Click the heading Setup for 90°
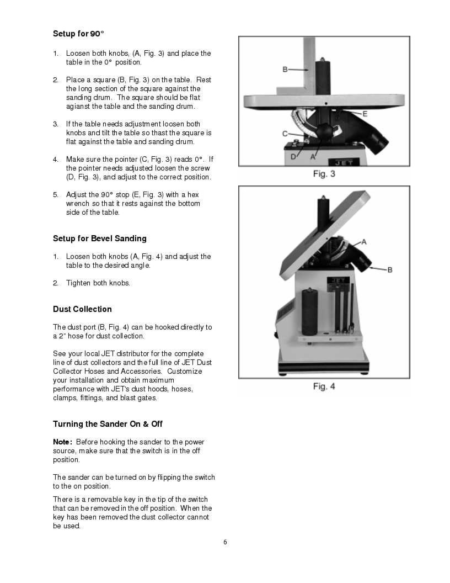click(x=78, y=34)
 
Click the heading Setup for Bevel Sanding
click(x=99, y=239)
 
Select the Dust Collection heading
click(x=82, y=309)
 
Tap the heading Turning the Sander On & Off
click(x=108, y=424)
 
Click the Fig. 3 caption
click(x=324, y=174)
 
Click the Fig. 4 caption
click(x=324, y=386)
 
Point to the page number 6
click(x=225, y=542)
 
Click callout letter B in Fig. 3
click(x=285, y=70)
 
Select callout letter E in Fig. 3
click(x=365, y=113)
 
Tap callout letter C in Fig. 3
click(x=285, y=134)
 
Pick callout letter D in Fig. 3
click(x=293, y=157)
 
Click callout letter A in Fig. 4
click(x=364, y=242)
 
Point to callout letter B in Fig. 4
click(x=389, y=269)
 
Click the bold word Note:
click(x=62, y=442)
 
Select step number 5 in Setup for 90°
click(x=55, y=195)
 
